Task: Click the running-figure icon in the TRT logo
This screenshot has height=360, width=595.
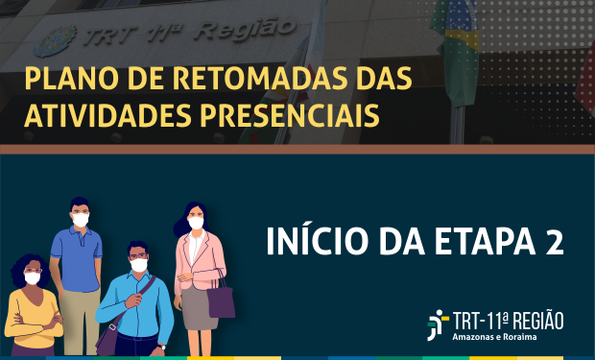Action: coord(438,324)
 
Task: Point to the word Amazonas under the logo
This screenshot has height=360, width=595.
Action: coord(479,338)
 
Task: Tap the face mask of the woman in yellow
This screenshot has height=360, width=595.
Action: coord(33,278)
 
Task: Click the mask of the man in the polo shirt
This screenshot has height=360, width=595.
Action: coord(81,220)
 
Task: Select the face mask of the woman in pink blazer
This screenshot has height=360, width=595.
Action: coord(196,223)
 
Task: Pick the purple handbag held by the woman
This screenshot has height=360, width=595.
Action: coord(221,300)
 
